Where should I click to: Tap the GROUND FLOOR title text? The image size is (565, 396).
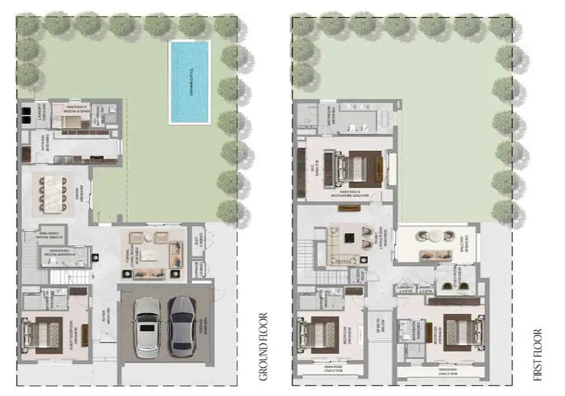pos(263,346)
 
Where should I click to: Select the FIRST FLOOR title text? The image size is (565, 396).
pos(537,354)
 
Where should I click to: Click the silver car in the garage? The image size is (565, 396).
pos(147,326)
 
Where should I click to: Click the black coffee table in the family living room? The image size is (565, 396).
pos(349,239)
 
